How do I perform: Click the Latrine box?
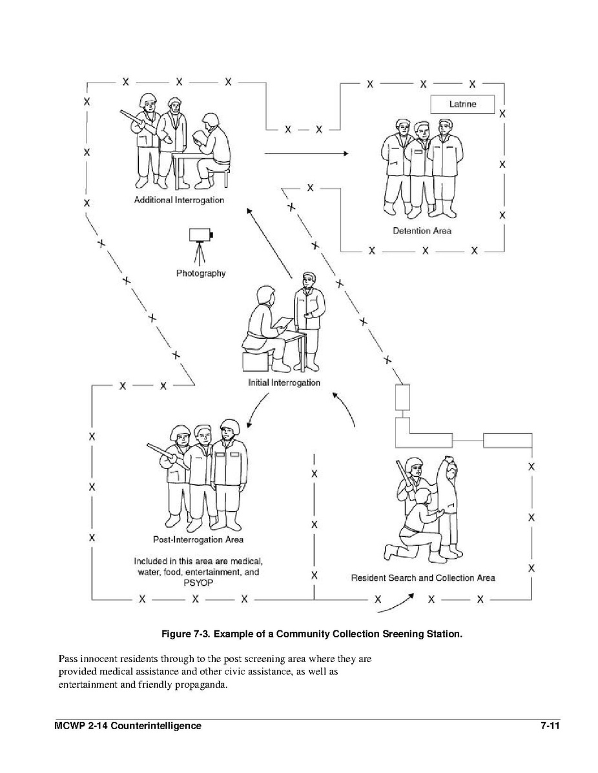tap(462, 104)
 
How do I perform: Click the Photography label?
tap(201, 274)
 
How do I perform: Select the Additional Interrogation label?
tap(179, 200)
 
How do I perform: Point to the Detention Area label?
tap(422, 230)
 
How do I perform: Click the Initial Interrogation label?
tap(284, 383)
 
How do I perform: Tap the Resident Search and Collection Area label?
tap(423, 577)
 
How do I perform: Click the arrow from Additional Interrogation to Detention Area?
tap(306, 154)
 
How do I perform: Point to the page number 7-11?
tap(550, 726)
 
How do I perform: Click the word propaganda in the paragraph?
tap(201, 685)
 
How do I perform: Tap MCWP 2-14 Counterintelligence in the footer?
tap(128, 726)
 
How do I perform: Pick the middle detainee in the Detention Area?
tap(422, 165)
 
